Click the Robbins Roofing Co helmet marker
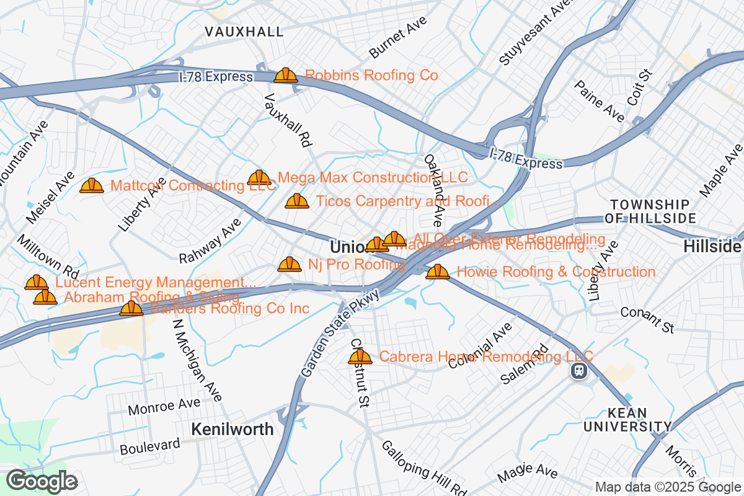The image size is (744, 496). coord(286,76)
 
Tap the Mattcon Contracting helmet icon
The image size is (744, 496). coord(92,185)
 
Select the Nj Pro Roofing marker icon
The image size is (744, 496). coord(290,265)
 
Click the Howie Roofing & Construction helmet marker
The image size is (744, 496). coord(438,272)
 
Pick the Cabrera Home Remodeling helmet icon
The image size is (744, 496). coord(360,356)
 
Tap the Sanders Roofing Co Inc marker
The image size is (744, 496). coord(131,308)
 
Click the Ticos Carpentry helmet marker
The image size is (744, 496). coord(297,201)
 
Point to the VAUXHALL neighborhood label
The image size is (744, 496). coord(244,32)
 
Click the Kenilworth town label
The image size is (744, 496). coord(232,429)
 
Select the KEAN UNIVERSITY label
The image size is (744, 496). coord(627,420)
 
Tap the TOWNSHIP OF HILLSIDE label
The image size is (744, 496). coord(649,211)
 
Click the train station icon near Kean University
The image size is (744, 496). coord(578,371)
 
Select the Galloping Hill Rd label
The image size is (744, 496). coord(423,469)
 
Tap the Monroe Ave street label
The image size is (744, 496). coord(164,406)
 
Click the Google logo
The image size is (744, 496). coord(42,481)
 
